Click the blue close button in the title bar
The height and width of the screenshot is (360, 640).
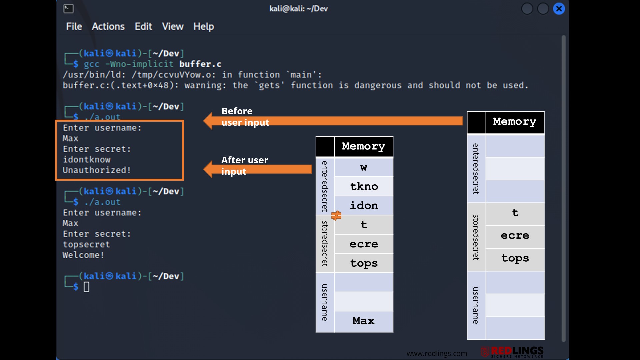[x=559, y=9]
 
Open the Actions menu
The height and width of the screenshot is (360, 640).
[x=108, y=27]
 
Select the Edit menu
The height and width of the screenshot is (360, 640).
[x=143, y=27]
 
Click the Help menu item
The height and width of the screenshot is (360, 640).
[x=204, y=27]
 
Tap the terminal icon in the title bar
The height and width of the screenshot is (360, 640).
[x=68, y=9]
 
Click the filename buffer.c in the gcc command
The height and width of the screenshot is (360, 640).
[x=200, y=64]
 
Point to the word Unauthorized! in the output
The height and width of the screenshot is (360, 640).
[x=97, y=170]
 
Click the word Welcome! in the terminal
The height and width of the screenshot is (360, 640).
[x=83, y=255]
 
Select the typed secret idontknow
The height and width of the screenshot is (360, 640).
[x=87, y=160]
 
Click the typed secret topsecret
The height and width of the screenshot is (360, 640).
[x=86, y=245]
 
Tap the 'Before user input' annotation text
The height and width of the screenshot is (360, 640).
[x=245, y=117]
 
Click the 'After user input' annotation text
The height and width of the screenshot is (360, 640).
[x=245, y=166]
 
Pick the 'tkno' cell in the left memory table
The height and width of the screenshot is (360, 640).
[x=364, y=186]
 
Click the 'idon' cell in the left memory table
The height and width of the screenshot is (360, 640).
[x=364, y=206]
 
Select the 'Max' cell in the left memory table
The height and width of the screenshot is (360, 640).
[x=364, y=321]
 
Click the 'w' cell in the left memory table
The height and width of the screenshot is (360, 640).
[x=364, y=167]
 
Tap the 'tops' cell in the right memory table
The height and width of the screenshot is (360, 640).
[x=515, y=259]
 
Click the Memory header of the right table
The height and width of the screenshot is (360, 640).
[x=515, y=122]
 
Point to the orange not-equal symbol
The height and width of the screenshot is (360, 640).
[x=336, y=216]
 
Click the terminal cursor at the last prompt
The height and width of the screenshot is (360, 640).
[x=86, y=287]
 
